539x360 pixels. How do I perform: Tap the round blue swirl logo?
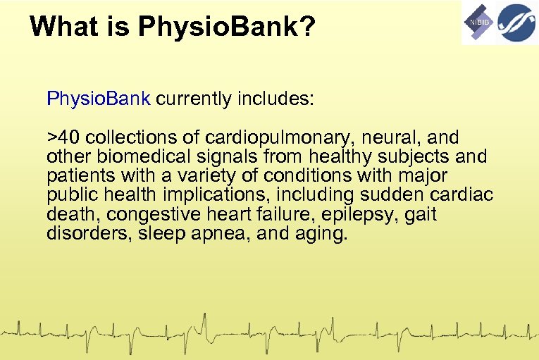tap(516, 22)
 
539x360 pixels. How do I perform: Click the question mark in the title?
tap(308, 27)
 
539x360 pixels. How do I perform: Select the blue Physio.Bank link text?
tap(99, 98)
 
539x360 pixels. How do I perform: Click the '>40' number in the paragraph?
tap(64, 137)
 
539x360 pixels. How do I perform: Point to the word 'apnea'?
tap(213, 234)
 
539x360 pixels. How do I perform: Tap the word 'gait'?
tap(421, 214)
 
